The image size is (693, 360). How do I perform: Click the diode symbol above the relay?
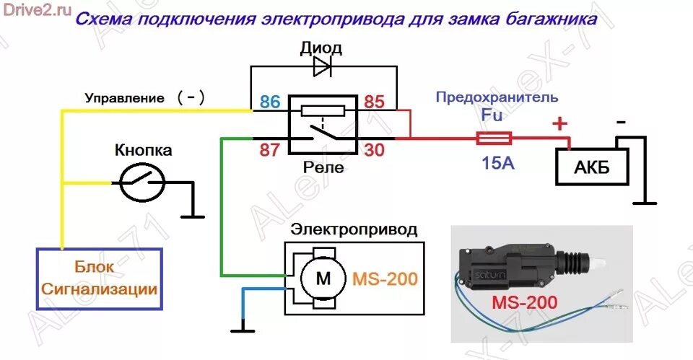(322, 67)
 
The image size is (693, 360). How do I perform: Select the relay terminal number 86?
(269, 102)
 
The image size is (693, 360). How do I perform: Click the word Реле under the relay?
(323, 167)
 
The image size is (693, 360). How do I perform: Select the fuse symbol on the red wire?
(493, 138)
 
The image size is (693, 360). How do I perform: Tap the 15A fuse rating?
(498, 163)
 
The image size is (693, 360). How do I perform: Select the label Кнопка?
(144, 151)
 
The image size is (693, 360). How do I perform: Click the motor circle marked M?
(315, 278)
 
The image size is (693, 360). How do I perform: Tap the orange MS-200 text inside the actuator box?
(385, 278)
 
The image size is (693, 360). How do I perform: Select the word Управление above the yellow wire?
(123, 98)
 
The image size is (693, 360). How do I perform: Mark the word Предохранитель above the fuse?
(495, 96)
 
